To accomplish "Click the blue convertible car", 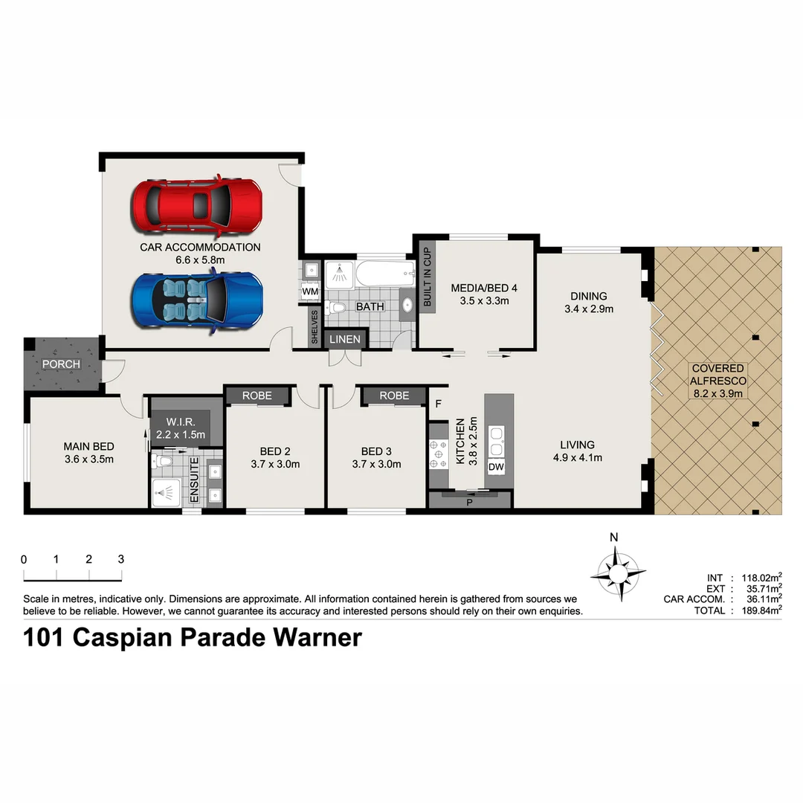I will pos(196,300).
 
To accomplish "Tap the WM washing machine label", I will pos(310,292).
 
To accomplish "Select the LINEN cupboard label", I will pos(344,339).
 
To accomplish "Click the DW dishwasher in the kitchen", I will pos(496,466).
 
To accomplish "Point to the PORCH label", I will pos(61,364).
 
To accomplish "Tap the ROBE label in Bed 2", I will pos(257,396).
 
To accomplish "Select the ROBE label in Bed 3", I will pos(394,396).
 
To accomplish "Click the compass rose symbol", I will pos(617,572).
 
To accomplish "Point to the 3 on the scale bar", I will pos(120,559).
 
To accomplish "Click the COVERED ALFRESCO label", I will pos(717,381).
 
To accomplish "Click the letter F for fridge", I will pos(439,404).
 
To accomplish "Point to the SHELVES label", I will pos(315,326).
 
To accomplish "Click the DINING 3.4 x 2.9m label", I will pos(589,302).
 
